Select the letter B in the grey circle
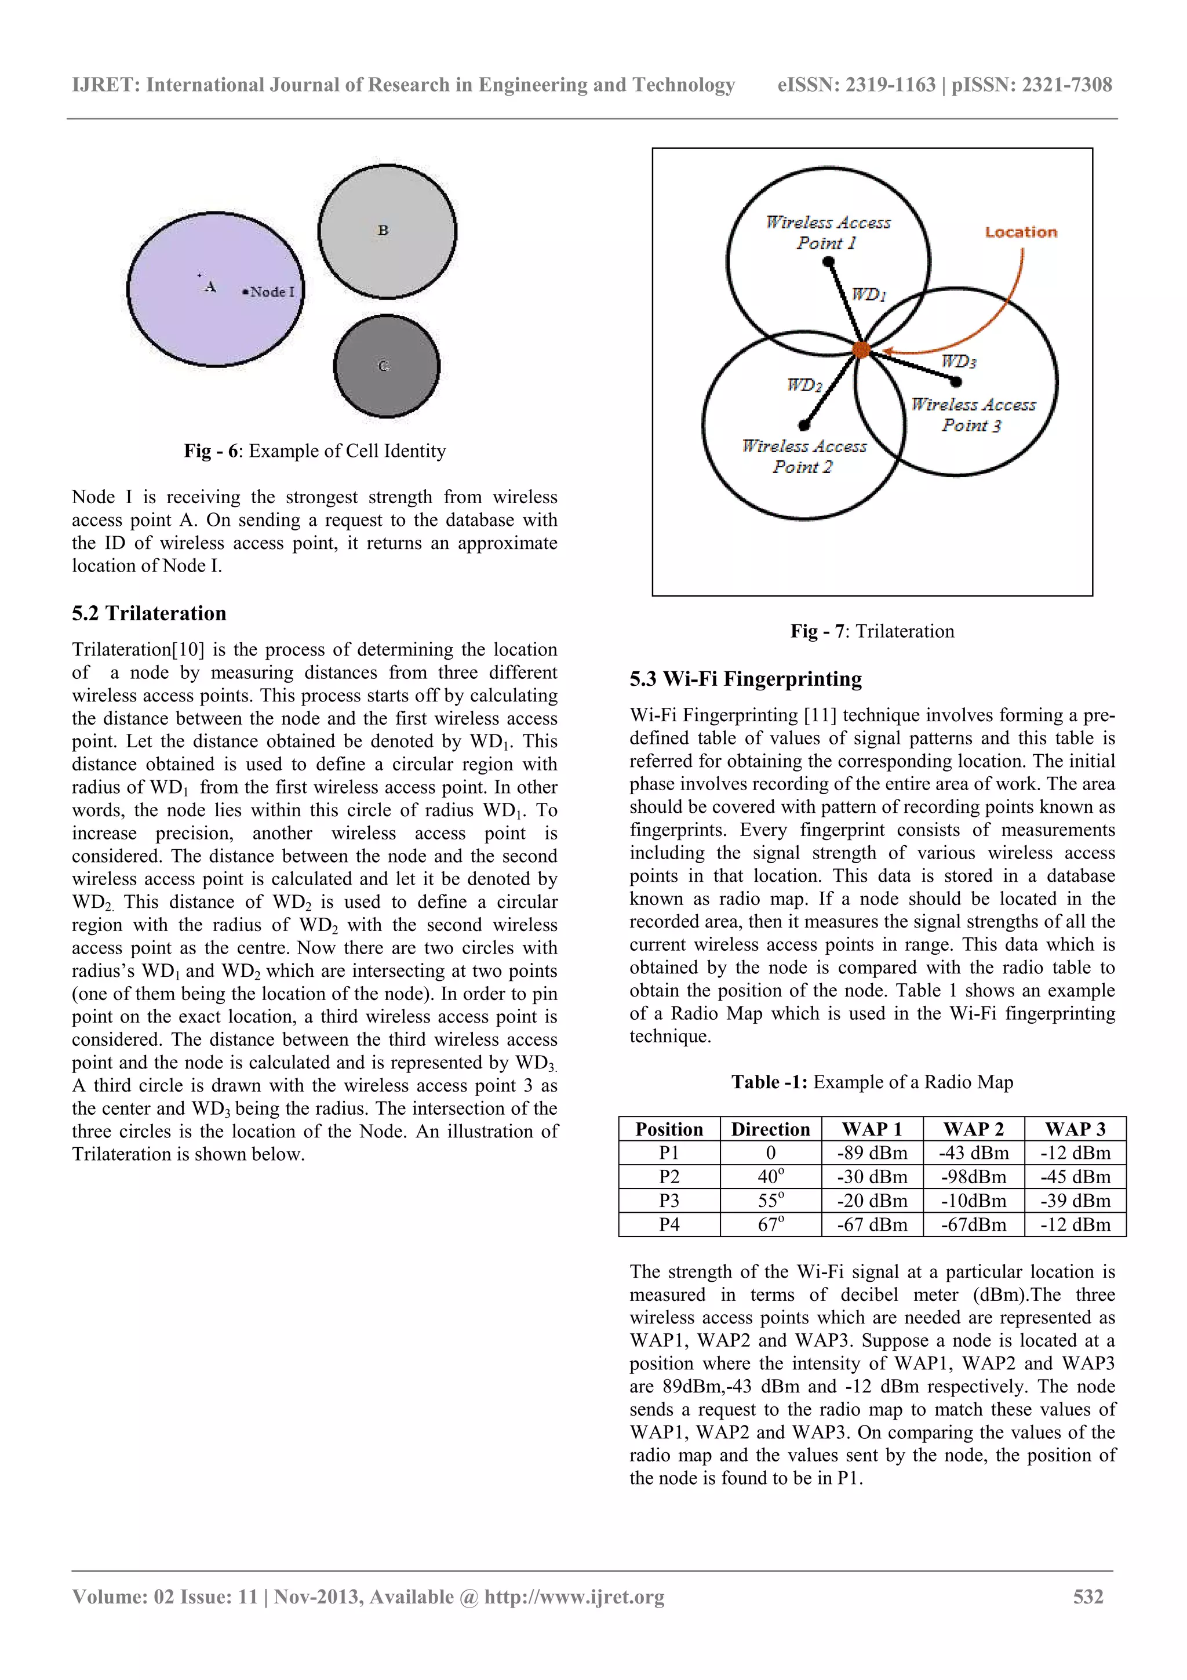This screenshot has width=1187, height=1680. click(x=383, y=230)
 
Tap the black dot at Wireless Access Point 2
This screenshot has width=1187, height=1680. click(x=804, y=424)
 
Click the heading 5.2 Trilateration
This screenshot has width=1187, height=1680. click(x=149, y=613)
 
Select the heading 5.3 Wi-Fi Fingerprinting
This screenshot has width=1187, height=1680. click(x=745, y=678)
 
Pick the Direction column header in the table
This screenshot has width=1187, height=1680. click(x=770, y=1129)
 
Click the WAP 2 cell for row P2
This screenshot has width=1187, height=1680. click(x=974, y=1177)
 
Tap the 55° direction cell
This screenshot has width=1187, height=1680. click(x=770, y=1201)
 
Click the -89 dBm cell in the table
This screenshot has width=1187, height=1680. click(x=872, y=1153)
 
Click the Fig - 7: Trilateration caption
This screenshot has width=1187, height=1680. click(x=872, y=631)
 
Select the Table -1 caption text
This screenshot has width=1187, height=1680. click(x=872, y=1082)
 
